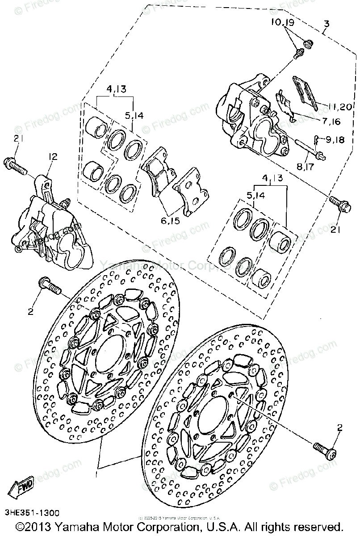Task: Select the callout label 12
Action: (x=53, y=157)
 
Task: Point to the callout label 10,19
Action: (x=282, y=22)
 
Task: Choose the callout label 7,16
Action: (x=329, y=121)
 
